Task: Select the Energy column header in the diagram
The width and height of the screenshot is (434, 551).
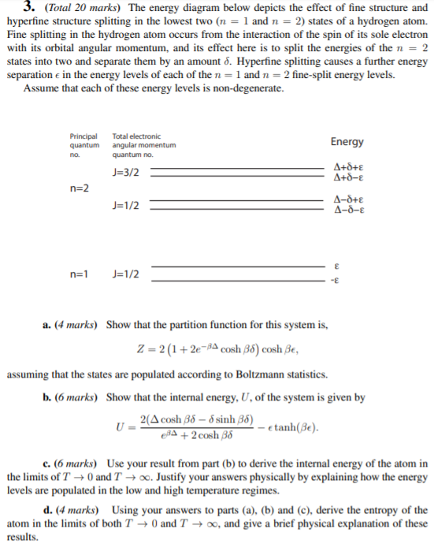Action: point(347,142)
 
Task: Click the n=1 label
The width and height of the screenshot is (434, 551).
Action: point(80,274)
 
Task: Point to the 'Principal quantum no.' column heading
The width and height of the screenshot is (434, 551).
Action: point(84,145)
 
